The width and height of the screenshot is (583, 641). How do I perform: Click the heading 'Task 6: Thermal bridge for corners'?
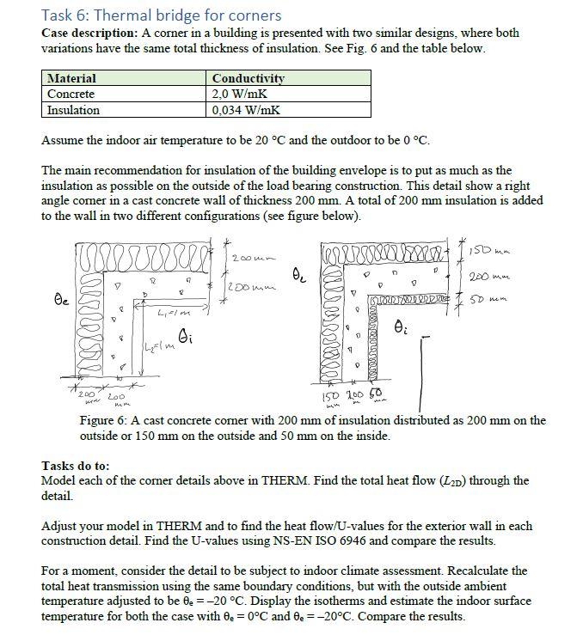(161, 15)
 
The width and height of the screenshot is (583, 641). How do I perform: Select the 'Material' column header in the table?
(71, 78)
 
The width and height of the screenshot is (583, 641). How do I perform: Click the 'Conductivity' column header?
(248, 78)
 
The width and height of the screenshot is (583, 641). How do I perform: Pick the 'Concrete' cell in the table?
(71, 94)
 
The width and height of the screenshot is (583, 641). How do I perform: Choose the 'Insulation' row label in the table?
(73, 110)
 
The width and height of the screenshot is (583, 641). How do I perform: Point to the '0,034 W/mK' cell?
(245, 110)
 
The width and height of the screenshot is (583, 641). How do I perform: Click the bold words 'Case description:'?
(84, 33)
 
